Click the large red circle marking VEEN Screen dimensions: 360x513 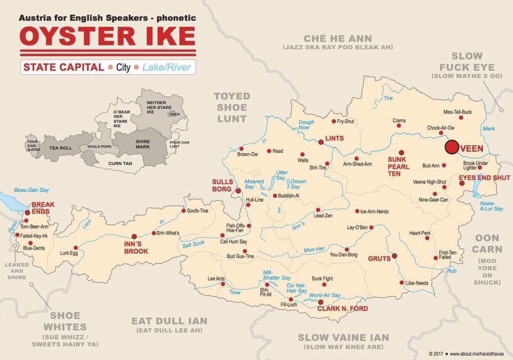click(x=452, y=147)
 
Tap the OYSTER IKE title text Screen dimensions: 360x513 click(x=107, y=36)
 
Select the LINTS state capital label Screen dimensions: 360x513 click(x=334, y=138)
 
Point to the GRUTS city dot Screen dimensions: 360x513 click(x=394, y=256)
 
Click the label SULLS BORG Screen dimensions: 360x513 click(x=223, y=185)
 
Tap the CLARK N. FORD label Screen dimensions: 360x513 click(x=343, y=308)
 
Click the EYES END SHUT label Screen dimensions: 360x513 click(x=484, y=177)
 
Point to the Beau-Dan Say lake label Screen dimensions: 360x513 click(x=31, y=190)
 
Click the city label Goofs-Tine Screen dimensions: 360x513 click(x=198, y=210)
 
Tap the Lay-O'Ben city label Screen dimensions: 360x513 click(x=357, y=228)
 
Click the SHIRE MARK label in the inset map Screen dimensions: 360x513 click(x=143, y=143)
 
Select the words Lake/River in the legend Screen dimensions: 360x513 click(x=166, y=68)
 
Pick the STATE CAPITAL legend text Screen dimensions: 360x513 click(x=63, y=67)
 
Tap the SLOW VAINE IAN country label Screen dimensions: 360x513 click(x=343, y=338)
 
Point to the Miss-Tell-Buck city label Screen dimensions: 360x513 click(x=457, y=112)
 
